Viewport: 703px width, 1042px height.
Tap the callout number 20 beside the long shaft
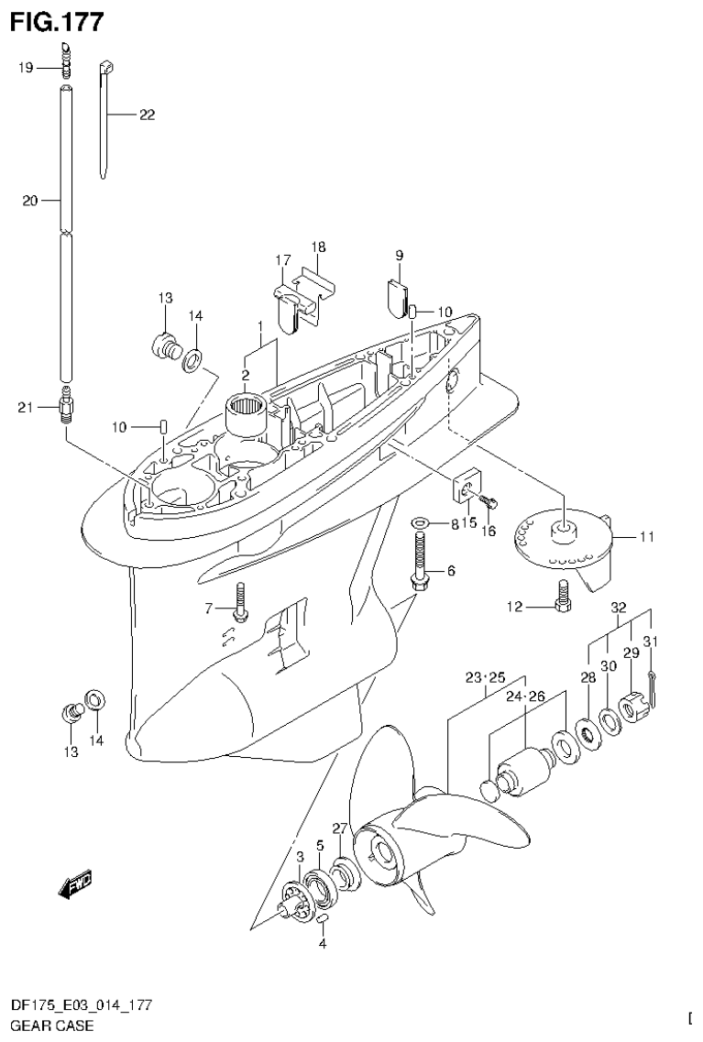click(x=29, y=200)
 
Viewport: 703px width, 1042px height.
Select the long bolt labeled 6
click(x=420, y=564)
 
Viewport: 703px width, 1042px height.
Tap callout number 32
click(x=619, y=607)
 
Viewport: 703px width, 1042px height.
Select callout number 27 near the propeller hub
click(x=339, y=828)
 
